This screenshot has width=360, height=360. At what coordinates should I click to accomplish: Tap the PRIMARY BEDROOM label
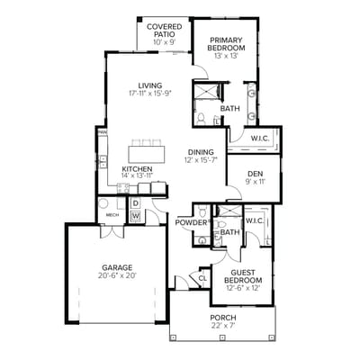[225, 46]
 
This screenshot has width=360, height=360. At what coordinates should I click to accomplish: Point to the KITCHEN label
[137, 168]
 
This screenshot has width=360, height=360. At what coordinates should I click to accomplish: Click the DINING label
[201, 152]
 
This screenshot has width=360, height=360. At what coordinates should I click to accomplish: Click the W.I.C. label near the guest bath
[255, 220]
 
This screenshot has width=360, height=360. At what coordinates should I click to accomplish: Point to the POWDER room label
[191, 222]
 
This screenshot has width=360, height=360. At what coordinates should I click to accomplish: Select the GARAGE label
[116, 267]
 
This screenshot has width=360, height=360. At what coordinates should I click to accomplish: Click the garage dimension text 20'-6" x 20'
[116, 276]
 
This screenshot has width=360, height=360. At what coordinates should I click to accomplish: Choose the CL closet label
[202, 278]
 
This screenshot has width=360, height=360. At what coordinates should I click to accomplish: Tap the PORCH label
[222, 319]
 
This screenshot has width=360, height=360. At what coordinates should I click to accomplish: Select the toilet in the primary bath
[203, 118]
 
